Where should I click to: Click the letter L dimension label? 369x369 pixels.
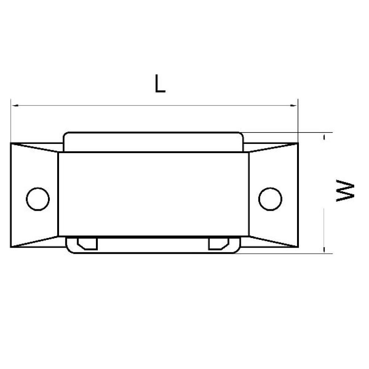pyautogui.click(x=160, y=83)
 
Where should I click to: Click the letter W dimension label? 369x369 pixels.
pyautogui.click(x=345, y=191)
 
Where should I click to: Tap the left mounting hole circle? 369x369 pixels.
pyautogui.click(x=38, y=199)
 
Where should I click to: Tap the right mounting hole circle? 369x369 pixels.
pyautogui.click(x=270, y=199)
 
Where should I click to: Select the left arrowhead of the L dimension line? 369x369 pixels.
pyautogui.click(x=15, y=106)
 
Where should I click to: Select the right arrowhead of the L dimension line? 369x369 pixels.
pyautogui.click(x=294, y=106)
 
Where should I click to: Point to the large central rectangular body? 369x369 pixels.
pyautogui.click(x=154, y=194)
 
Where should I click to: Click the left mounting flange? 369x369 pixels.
pyautogui.click(x=34, y=195)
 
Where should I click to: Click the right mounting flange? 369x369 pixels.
pyautogui.click(x=274, y=195)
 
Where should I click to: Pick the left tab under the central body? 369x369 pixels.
pyautogui.click(x=87, y=244)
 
